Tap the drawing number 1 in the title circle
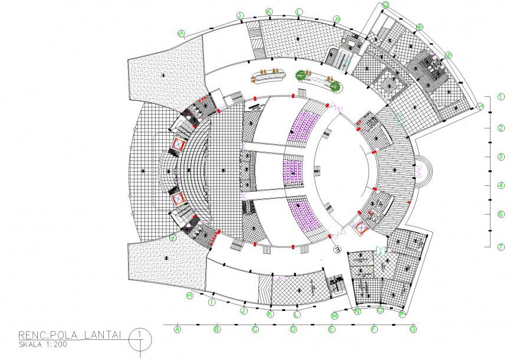(140, 334)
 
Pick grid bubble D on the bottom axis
(293, 329)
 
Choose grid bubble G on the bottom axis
(413, 329)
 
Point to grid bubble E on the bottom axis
(332, 329)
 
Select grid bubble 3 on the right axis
(500, 157)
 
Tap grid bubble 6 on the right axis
(500, 215)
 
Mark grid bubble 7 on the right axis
(500, 247)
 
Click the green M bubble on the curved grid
(334, 316)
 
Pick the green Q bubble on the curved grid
(386, 4)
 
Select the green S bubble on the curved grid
(449, 55)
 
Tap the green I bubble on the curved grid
(211, 302)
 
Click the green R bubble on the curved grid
(419, 27)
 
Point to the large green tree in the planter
(301, 75)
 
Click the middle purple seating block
(293, 168)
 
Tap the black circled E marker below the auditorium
(337, 250)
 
